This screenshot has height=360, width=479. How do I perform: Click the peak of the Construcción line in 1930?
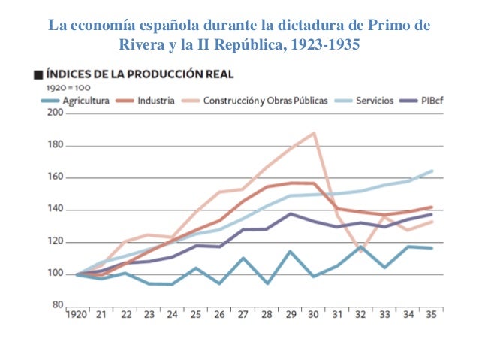click(313, 133)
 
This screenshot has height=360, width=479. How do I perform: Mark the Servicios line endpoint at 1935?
click(432, 171)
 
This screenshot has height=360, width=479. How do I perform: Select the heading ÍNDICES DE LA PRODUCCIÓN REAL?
click(140, 75)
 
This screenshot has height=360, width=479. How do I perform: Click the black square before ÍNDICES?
click(37, 75)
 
